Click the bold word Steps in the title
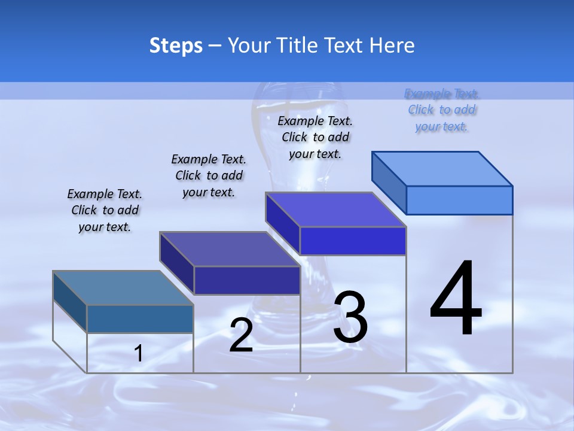click(176, 45)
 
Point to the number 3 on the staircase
click(350, 317)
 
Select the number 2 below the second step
click(241, 335)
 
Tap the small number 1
click(139, 354)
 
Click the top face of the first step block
click(123, 288)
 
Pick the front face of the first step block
click(140, 319)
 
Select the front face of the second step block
click(247, 281)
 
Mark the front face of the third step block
click(353, 241)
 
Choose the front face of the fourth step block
click(459, 200)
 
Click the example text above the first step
click(105, 210)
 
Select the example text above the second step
click(209, 175)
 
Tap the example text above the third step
click(315, 137)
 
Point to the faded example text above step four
click(442, 110)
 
